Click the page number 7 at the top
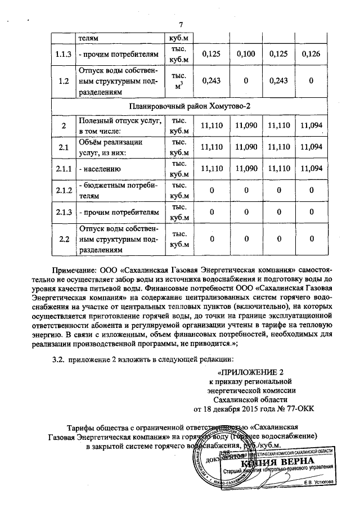pyautogui.click(x=181, y=25)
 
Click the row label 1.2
pyautogui.click(x=64, y=81)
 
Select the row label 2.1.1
pyautogui.click(x=64, y=169)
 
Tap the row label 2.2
pyautogui.click(x=64, y=239)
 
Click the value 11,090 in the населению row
pyautogui.click(x=246, y=169)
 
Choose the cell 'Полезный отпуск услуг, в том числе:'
pyautogui.click(x=120, y=125)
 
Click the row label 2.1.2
pyautogui.click(x=64, y=191)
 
